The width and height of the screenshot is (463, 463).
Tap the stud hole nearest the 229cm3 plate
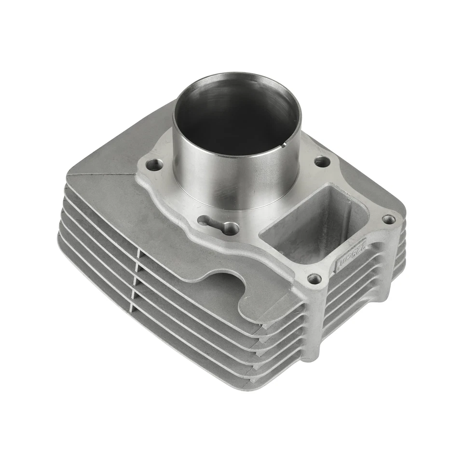tap(314, 278)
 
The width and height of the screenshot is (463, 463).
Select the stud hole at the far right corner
tap(388, 219)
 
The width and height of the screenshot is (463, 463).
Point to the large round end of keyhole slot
tap(231, 228)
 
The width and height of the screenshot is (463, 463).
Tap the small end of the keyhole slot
tap(204, 221)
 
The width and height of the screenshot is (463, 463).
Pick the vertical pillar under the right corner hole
tap(390, 260)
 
